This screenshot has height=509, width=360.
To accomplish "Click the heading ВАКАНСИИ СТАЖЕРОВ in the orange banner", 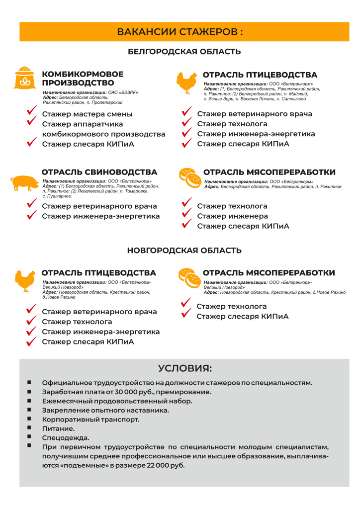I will tap(180, 32).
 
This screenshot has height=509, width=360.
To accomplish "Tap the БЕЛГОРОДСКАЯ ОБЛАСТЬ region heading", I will tap(184, 52).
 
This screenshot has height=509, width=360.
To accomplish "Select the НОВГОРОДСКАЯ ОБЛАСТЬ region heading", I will tap(184, 251).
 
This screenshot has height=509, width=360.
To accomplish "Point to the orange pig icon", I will tap(24, 182).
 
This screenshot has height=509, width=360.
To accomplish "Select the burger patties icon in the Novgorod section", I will tap(188, 279).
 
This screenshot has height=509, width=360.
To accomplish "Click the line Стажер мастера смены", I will tap(87, 114).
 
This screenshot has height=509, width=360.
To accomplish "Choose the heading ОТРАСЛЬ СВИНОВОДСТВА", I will tap(99, 172).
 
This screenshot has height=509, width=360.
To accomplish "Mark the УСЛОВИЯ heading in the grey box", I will tap(185, 368).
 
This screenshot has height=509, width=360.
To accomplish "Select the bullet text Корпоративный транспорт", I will tap(90, 419).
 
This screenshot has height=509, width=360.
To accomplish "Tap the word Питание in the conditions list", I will tap(58, 428).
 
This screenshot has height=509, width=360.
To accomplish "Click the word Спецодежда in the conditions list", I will tap(66, 437).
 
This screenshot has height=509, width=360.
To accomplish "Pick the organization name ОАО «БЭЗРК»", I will tap(123, 93).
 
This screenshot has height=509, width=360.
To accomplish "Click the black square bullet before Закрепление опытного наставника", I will tap(29, 410).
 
